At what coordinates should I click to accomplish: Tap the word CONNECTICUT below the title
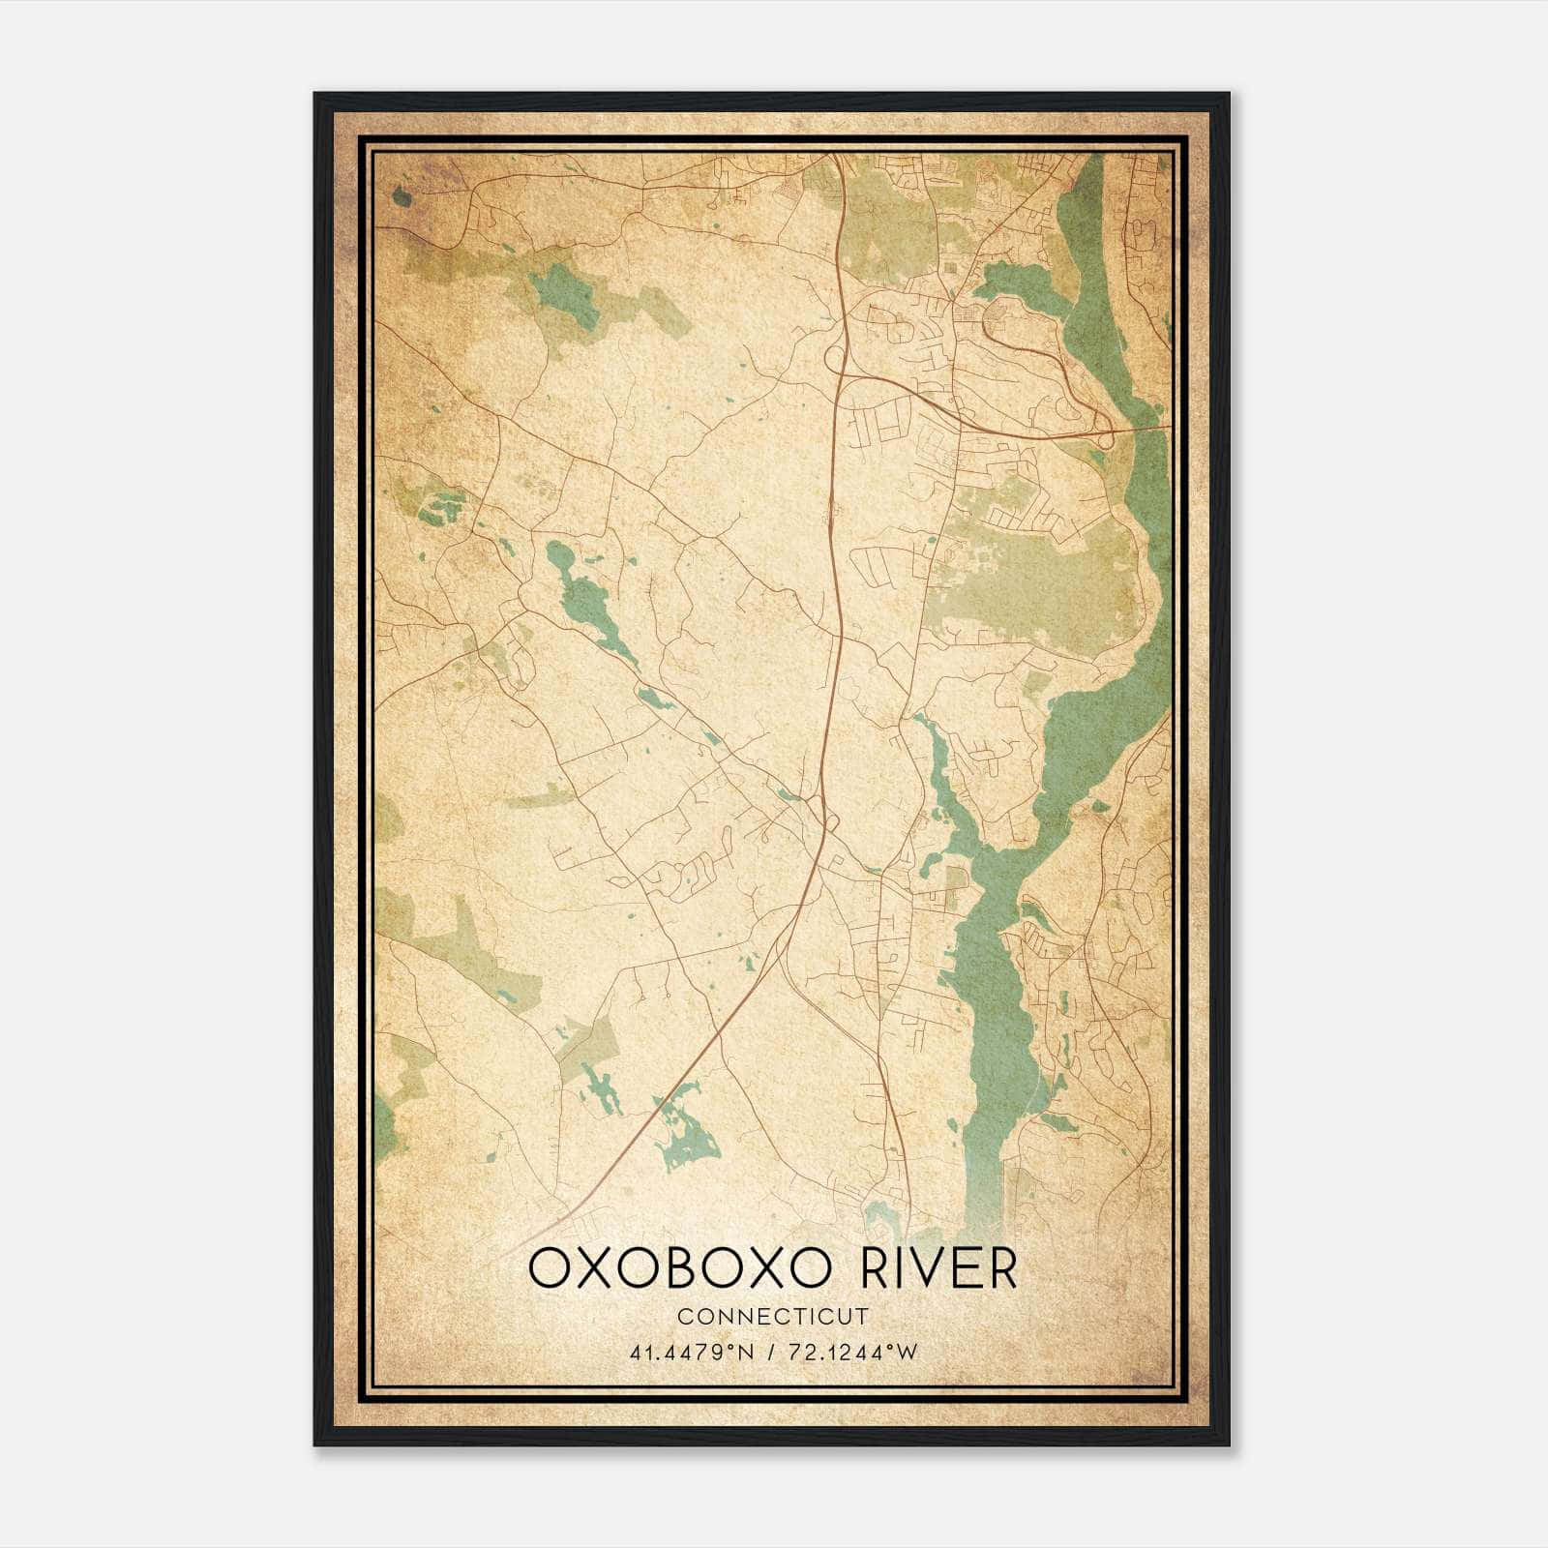click(773, 1317)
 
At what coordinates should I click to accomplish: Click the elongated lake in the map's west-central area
click(585, 600)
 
